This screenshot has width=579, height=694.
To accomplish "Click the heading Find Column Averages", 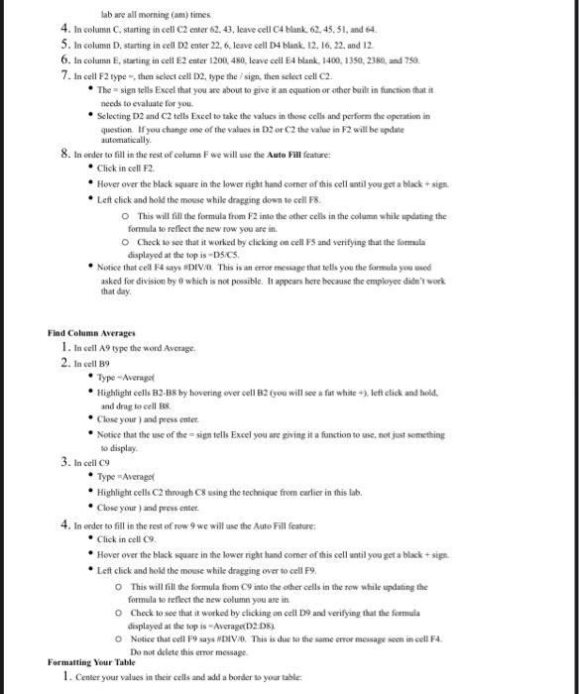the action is point(91,333).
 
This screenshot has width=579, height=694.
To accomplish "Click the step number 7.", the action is point(63,74).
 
